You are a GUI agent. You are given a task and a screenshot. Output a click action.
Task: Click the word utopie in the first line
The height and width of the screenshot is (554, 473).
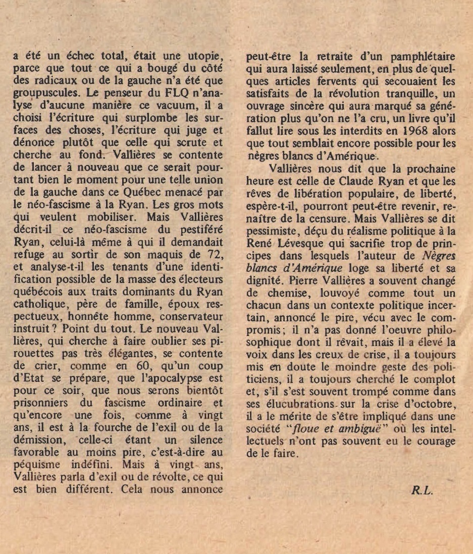[206, 56]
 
